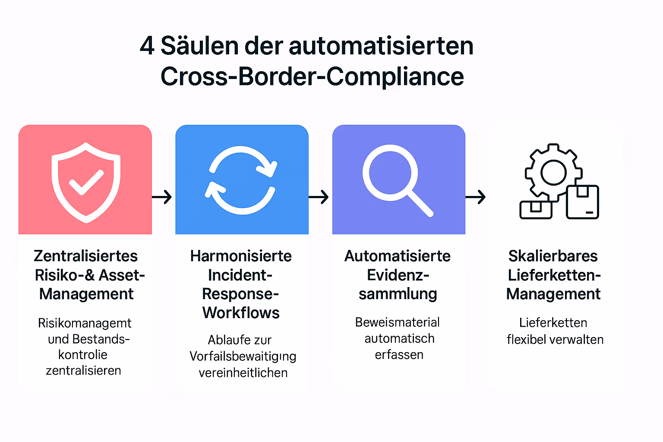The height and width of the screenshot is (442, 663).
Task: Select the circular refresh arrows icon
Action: [241, 180]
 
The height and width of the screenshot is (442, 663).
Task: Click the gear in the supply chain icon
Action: [553, 172]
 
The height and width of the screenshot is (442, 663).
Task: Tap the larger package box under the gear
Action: [582, 202]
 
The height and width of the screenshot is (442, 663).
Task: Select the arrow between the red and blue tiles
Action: [162, 197]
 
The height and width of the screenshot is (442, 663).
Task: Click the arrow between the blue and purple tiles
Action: [319, 197]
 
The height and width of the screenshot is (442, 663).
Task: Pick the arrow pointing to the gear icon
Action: [475, 197]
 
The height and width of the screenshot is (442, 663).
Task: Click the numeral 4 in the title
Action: [147, 46]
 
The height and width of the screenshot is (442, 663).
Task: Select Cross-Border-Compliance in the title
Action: [312, 76]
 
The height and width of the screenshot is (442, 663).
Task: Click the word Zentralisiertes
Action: [85, 256]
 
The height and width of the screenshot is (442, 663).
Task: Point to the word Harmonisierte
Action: [241, 256]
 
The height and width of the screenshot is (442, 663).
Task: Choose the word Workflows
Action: [241, 313]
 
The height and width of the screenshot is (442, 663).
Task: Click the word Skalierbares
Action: [553, 256]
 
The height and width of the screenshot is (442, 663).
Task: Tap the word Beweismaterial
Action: [397, 322]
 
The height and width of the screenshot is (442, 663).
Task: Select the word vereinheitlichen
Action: [243, 373]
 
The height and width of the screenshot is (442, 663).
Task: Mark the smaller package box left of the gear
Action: [536, 209]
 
